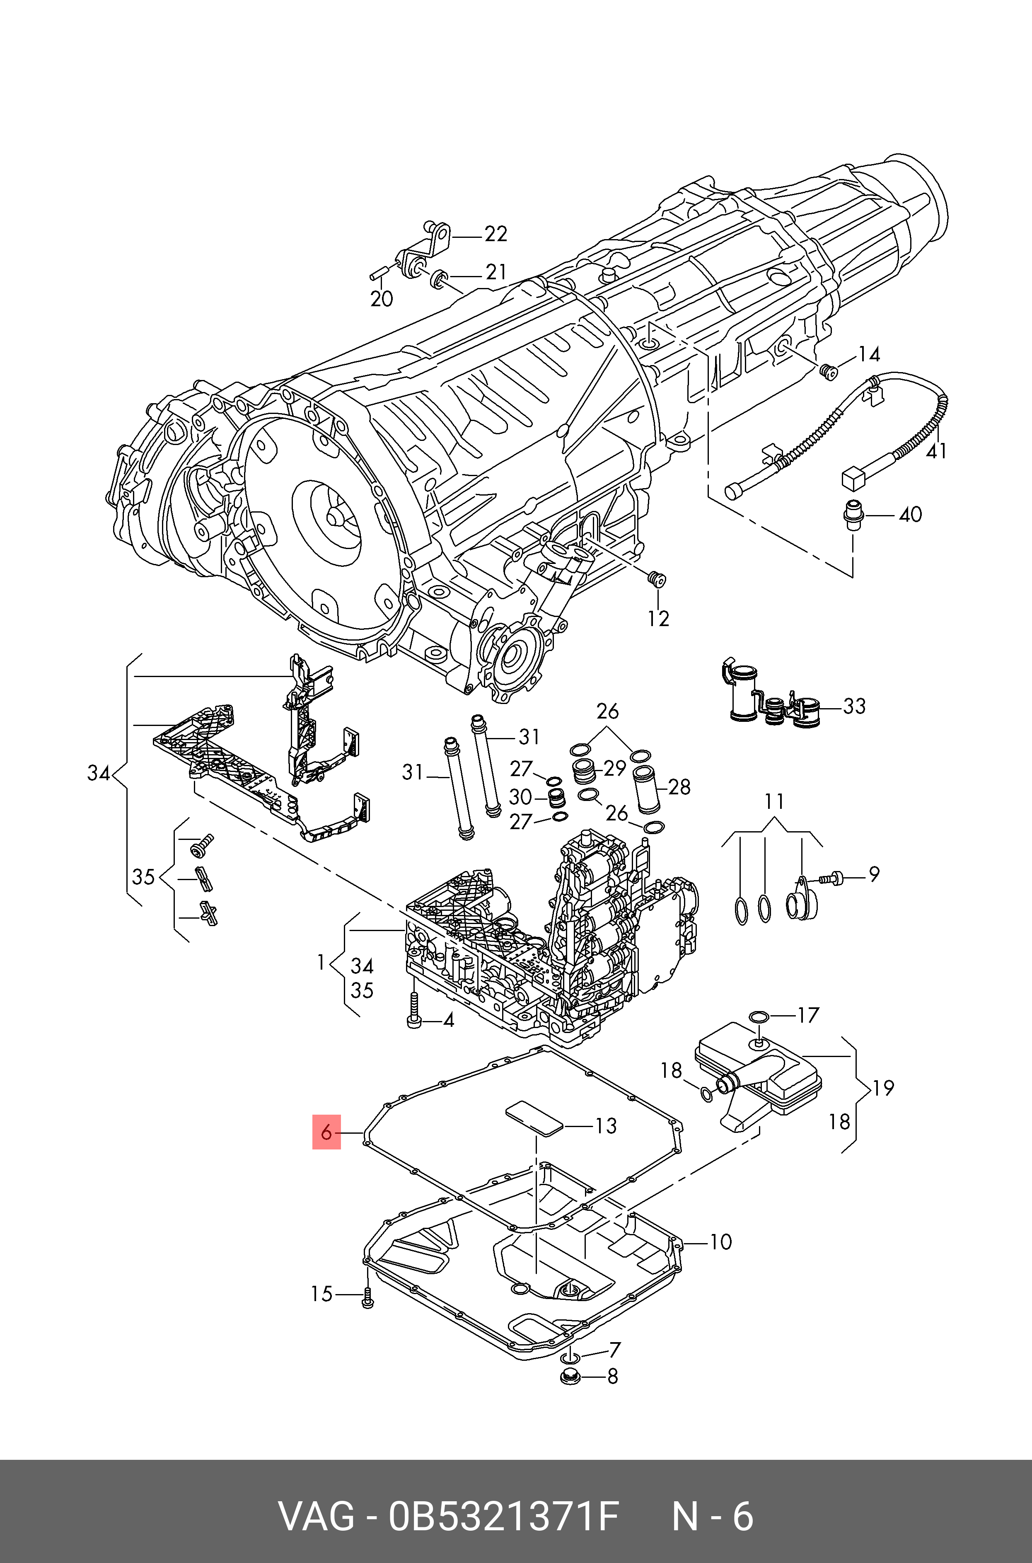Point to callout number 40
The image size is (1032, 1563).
point(910,514)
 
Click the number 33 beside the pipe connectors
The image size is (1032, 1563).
point(854,706)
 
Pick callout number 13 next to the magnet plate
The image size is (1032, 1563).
point(605,1126)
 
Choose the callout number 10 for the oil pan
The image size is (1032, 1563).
point(721,1242)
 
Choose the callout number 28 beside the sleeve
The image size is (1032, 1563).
point(679,786)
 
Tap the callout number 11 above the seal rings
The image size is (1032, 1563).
point(775,801)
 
